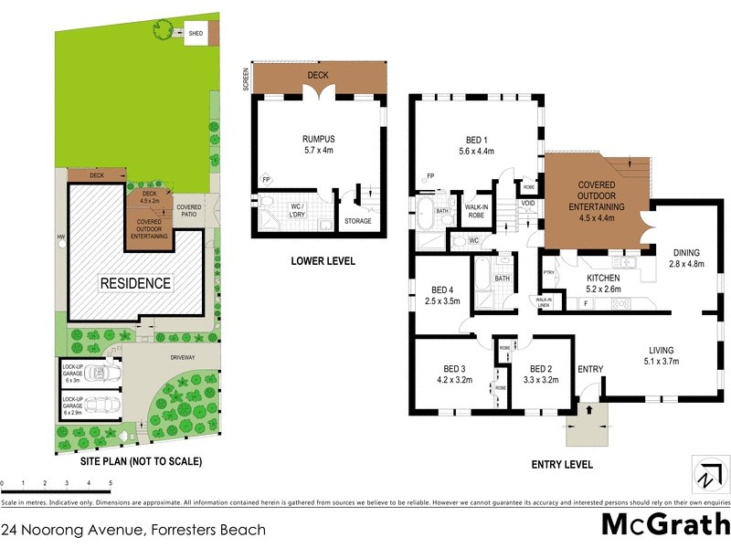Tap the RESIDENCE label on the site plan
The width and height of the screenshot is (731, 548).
pyautogui.click(x=135, y=282)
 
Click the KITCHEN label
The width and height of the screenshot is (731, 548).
pyautogui.click(x=603, y=277)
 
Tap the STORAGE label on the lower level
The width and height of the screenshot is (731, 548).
pyautogui.click(x=357, y=220)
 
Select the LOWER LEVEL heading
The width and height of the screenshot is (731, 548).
pyautogui.click(x=323, y=261)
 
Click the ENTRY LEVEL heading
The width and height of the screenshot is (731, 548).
pyautogui.click(x=562, y=464)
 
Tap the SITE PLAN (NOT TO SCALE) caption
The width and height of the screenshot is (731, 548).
pyautogui.click(x=134, y=461)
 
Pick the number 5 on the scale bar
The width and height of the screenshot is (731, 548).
pyautogui.click(x=111, y=481)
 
